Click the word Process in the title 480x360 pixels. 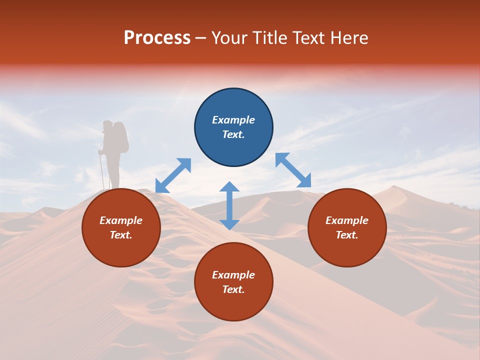(157, 38)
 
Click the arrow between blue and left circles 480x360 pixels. (173, 175)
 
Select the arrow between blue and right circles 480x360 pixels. (293, 170)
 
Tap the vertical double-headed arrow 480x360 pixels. (229, 205)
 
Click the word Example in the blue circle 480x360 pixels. (233, 120)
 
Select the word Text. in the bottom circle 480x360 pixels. (233, 289)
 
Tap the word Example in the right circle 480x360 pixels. (347, 220)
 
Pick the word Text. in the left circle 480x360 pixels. (121, 235)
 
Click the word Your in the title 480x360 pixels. (227, 38)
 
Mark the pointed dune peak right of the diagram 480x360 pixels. (394, 187)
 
